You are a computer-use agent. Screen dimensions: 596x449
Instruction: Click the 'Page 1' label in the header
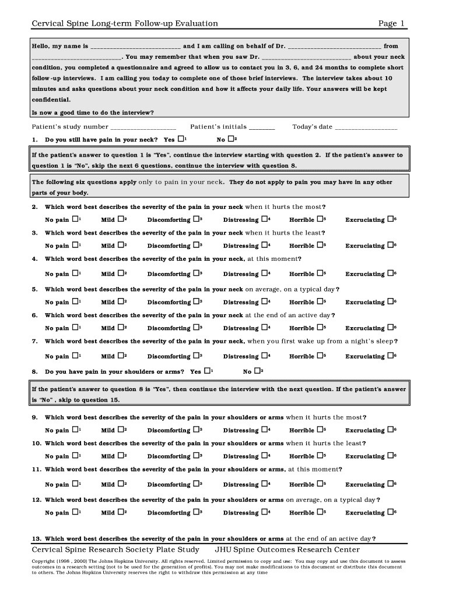[x=391, y=23]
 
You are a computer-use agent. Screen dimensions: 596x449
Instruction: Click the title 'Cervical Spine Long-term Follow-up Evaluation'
[x=125, y=23]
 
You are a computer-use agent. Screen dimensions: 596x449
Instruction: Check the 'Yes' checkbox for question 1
[x=181, y=139]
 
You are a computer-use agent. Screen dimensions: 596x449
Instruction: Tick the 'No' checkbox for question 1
[x=231, y=139]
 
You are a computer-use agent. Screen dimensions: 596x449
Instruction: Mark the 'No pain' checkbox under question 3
[x=75, y=245]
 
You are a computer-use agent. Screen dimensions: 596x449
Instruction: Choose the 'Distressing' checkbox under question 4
[x=264, y=273]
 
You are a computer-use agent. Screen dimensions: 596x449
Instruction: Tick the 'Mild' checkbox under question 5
[x=121, y=301]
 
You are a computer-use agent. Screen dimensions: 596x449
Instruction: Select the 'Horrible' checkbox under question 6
[x=320, y=327]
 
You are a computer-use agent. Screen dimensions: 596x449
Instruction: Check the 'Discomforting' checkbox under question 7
[x=197, y=356]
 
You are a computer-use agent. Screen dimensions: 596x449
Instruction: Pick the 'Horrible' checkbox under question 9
[x=320, y=430]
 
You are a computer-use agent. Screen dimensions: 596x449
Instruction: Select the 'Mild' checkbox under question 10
[x=121, y=456]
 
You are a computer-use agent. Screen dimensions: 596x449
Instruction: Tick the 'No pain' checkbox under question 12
[x=75, y=512]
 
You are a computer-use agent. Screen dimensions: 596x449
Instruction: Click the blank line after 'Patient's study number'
[x=143, y=127]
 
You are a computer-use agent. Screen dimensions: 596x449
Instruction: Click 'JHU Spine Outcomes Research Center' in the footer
[x=287, y=549]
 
